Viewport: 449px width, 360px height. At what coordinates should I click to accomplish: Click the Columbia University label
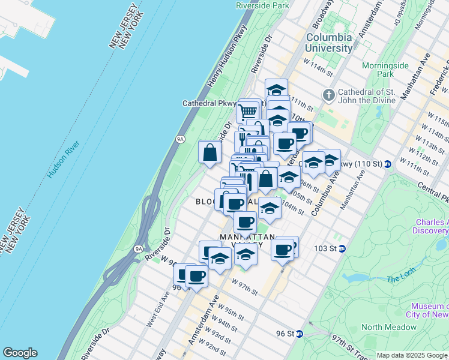pyautogui.click(x=330, y=43)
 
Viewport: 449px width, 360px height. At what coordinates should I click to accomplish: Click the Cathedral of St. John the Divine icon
pyautogui.click(x=328, y=95)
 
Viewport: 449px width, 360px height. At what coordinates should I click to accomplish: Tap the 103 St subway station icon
pyautogui.click(x=342, y=248)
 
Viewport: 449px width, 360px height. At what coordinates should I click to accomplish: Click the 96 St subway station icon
pyautogui.click(x=300, y=334)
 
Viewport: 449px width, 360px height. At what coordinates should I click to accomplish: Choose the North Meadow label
pyautogui.click(x=389, y=327)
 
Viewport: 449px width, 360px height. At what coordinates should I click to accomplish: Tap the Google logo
pyautogui.click(x=19, y=353)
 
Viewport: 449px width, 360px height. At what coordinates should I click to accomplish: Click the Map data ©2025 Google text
pyautogui.click(x=411, y=355)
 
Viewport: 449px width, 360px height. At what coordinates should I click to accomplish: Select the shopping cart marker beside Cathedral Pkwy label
pyautogui.click(x=247, y=111)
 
